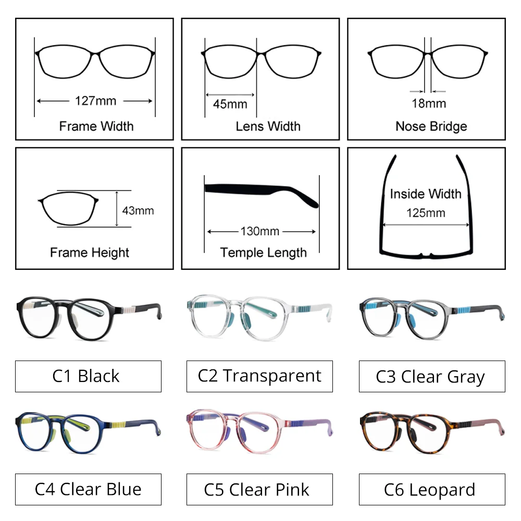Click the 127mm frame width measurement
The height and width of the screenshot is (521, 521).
(95, 101)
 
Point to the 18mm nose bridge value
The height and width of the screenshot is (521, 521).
(429, 103)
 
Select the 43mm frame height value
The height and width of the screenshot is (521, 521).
(138, 210)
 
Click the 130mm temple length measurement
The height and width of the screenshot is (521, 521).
(260, 231)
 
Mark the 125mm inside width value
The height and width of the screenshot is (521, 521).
(426, 213)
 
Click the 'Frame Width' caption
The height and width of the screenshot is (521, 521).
(96, 126)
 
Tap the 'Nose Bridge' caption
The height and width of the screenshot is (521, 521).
(431, 126)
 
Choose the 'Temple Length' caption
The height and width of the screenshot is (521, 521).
(263, 253)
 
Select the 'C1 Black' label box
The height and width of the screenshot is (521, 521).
(88, 376)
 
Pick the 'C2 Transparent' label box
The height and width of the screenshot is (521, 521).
(259, 376)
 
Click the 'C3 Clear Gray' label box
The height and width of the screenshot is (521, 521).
(431, 376)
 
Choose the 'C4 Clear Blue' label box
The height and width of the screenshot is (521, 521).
(88, 489)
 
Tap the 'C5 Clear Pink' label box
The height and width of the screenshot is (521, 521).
(259, 489)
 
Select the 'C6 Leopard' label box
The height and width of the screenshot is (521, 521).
(431, 489)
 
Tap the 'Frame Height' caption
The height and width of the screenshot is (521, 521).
(90, 253)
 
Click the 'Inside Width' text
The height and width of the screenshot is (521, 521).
(426, 194)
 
